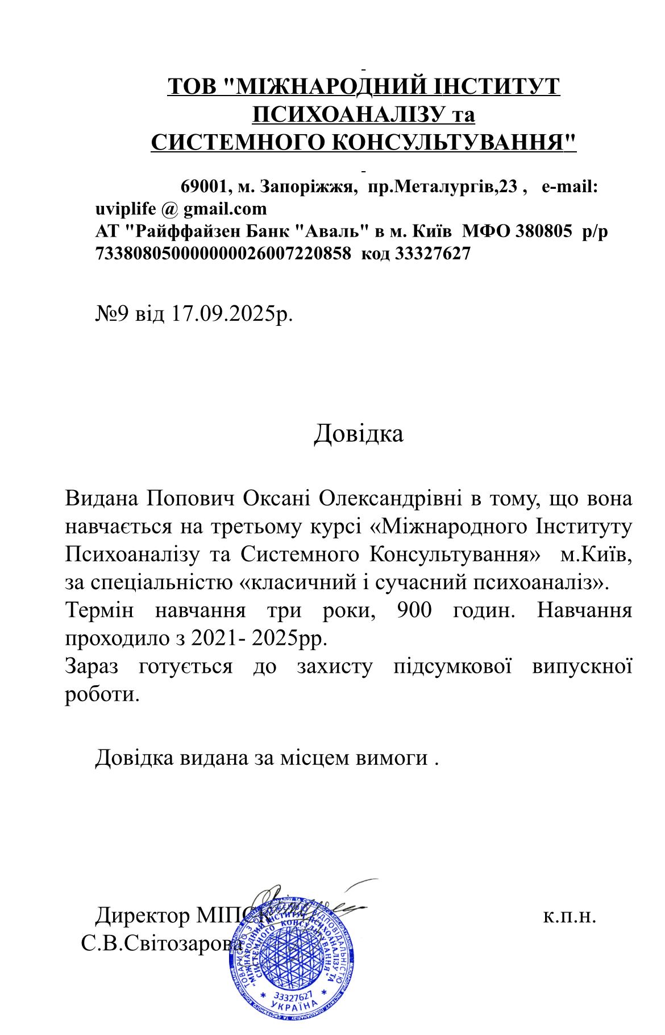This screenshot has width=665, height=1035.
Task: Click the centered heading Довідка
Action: tap(358, 433)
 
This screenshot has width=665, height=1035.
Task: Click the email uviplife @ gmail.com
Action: tap(181, 209)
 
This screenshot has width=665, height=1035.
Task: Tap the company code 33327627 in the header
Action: tap(433, 254)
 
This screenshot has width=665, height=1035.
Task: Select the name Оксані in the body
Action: tap(276, 499)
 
